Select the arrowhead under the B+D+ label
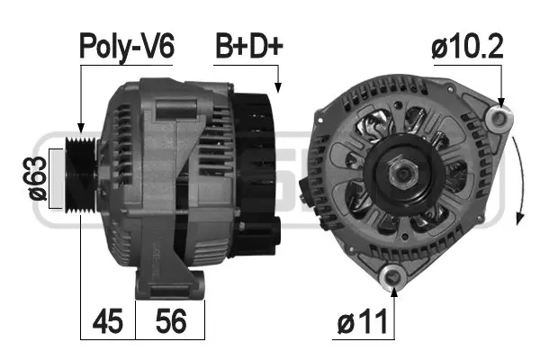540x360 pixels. click(x=278, y=88)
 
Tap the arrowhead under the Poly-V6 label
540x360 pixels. click(x=80, y=130)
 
